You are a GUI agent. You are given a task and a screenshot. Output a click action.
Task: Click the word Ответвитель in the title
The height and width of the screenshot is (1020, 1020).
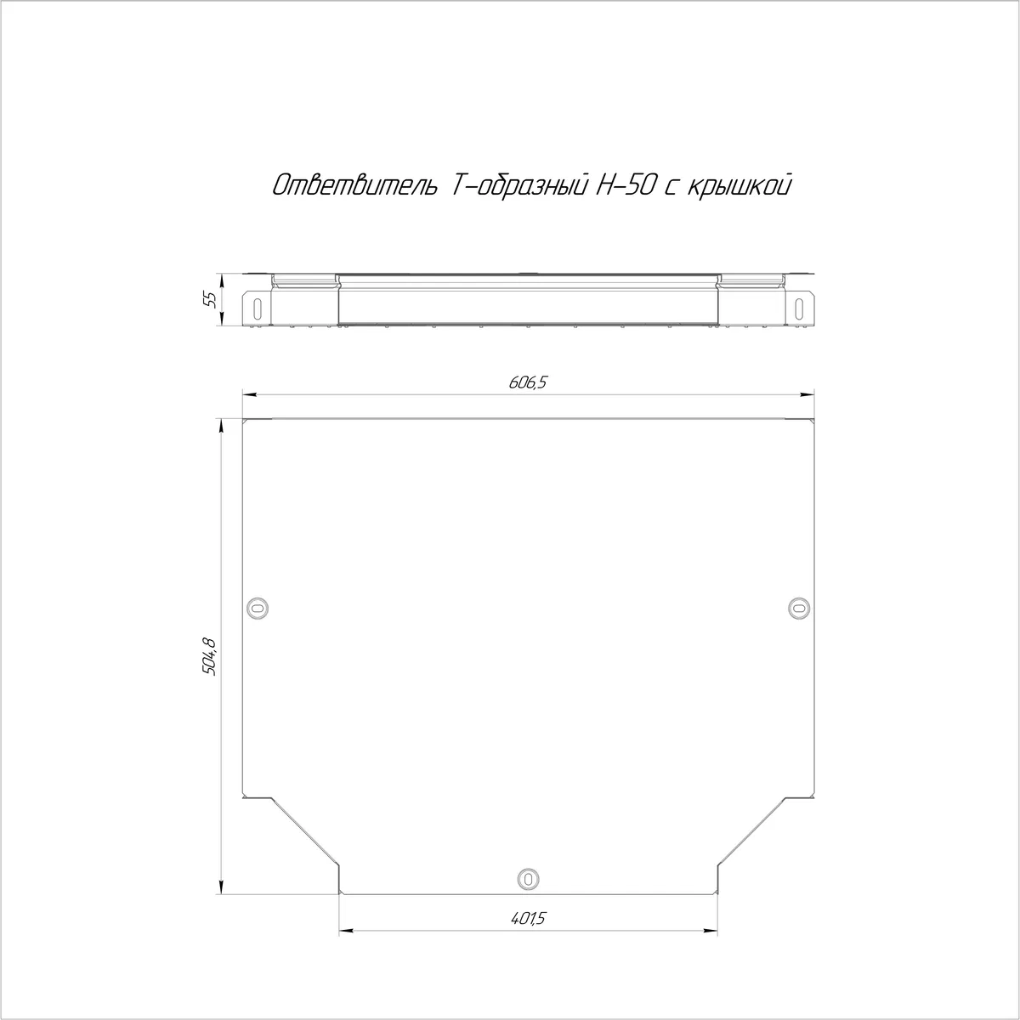354,186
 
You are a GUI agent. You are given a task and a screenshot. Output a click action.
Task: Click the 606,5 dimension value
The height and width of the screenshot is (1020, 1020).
527,382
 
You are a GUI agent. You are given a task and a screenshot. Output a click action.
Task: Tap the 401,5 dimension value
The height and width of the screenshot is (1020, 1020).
528,918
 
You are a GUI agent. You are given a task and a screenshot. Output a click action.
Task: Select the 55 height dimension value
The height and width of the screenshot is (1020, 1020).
211,299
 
